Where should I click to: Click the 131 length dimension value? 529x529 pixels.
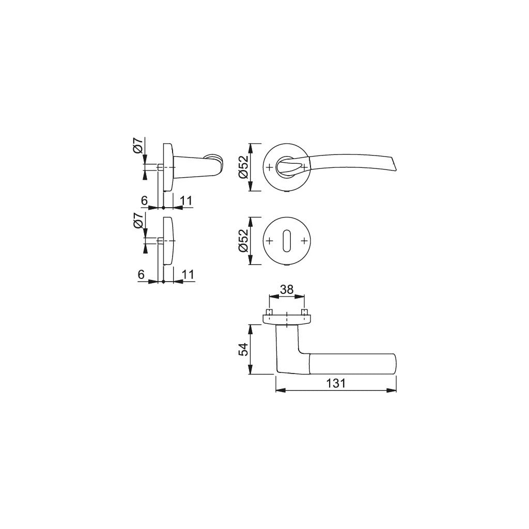(x=336, y=383)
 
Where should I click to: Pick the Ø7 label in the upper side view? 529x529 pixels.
(x=137, y=146)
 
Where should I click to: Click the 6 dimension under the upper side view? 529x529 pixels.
(x=144, y=200)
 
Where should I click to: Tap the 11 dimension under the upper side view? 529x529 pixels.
(x=187, y=200)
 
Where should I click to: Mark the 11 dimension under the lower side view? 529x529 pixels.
(x=187, y=275)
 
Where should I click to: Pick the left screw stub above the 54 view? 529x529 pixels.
(x=269, y=313)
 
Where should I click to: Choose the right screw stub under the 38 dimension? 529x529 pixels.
(x=304, y=313)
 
